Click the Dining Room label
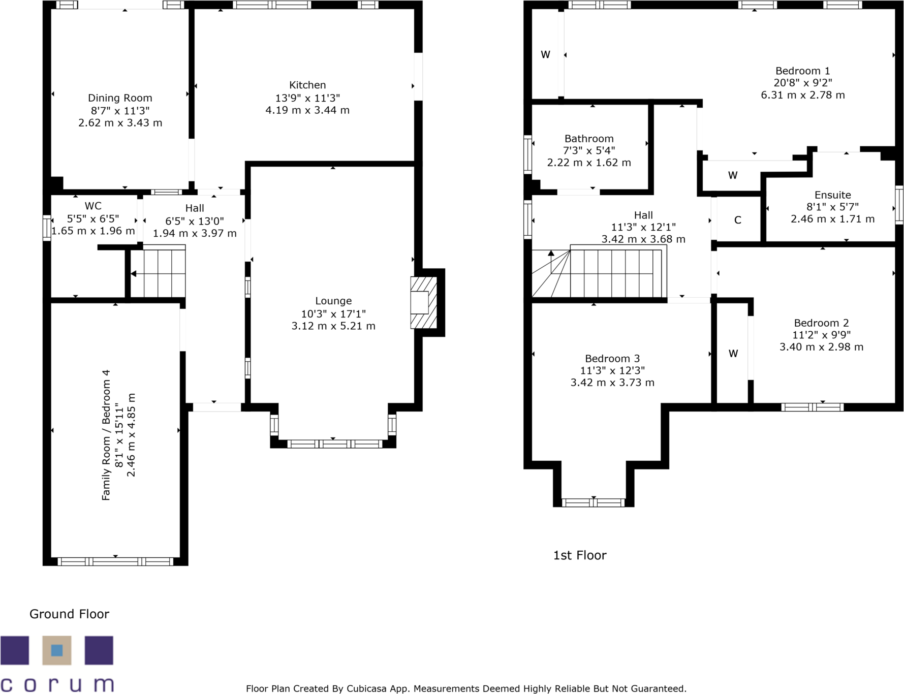(x=120, y=98)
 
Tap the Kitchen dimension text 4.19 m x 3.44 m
(x=307, y=110)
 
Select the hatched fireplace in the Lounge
(x=423, y=303)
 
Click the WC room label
(x=93, y=206)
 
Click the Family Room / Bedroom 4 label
(x=106, y=435)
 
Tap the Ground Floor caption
(x=69, y=614)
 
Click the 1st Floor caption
(x=579, y=555)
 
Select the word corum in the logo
(x=57, y=684)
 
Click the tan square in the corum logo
(x=57, y=650)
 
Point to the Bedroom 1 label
(x=802, y=71)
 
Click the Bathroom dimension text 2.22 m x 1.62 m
(x=589, y=163)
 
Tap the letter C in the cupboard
(x=738, y=220)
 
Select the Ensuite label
(x=832, y=195)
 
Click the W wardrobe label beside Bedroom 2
(x=733, y=354)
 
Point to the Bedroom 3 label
(x=612, y=359)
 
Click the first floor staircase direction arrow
(x=551, y=253)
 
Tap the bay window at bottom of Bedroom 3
(x=593, y=502)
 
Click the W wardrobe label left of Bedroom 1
(x=545, y=55)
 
